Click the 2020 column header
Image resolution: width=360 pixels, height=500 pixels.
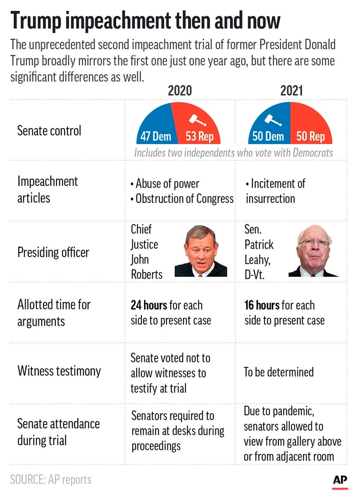click(x=180, y=90)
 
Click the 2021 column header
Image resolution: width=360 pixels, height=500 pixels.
click(x=291, y=90)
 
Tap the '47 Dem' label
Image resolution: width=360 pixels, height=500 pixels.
click(x=156, y=137)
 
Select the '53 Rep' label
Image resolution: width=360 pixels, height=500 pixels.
click(x=199, y=137)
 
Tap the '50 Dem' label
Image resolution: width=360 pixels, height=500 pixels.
click(x=268, y=137)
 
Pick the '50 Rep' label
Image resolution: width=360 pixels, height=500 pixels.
click(x=311, y=137)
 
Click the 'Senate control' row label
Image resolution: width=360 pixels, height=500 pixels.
click(x=49, y=130)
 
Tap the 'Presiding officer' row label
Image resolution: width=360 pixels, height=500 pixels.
click(x=53, y=252)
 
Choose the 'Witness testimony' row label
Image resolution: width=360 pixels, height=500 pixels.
click(x=59, y=370)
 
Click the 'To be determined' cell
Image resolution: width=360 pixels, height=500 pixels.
click(x=279, y=372)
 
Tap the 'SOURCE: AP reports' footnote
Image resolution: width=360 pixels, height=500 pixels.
click(x=50, y=479)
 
